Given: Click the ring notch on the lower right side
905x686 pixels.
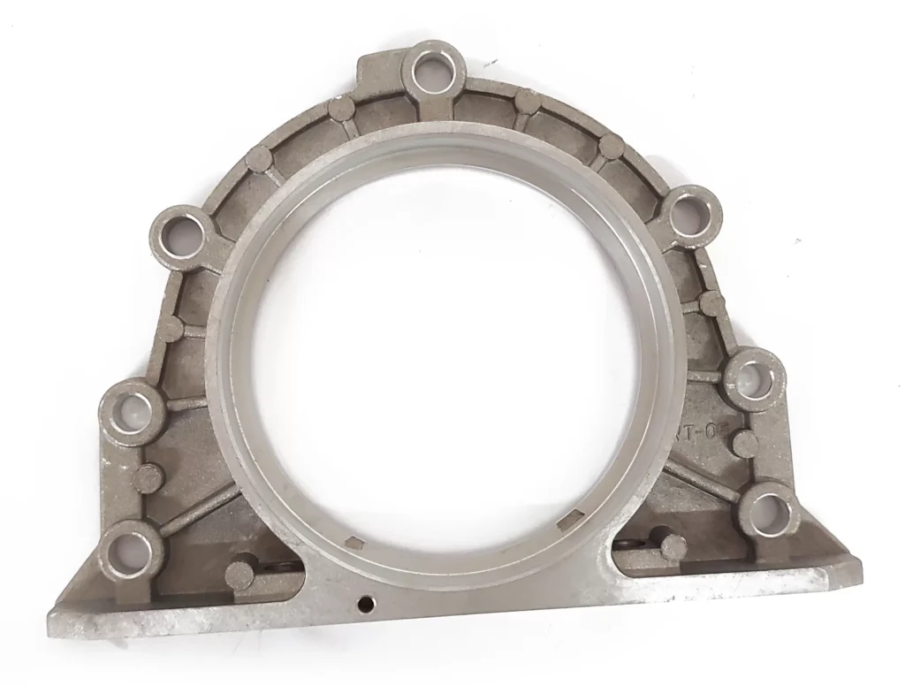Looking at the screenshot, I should tap(574, 518).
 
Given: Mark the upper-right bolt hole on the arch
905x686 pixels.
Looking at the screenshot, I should tap(690, 214).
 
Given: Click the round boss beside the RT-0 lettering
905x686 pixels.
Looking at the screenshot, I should tap(747, 444).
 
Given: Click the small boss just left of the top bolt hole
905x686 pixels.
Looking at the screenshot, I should tap(340, 108).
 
